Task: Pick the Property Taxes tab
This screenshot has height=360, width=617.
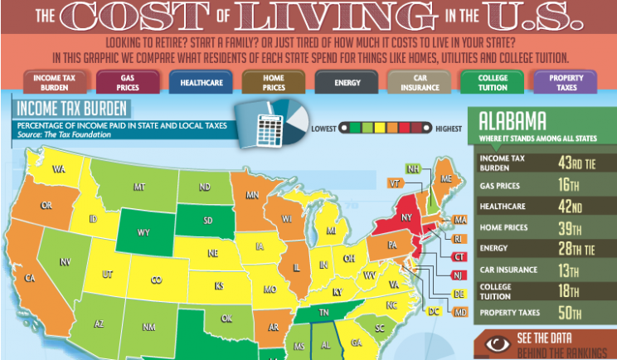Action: coord(566,81)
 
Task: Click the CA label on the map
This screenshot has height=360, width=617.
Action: coord(29,278)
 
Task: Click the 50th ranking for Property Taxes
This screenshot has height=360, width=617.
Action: coord(573,313)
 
